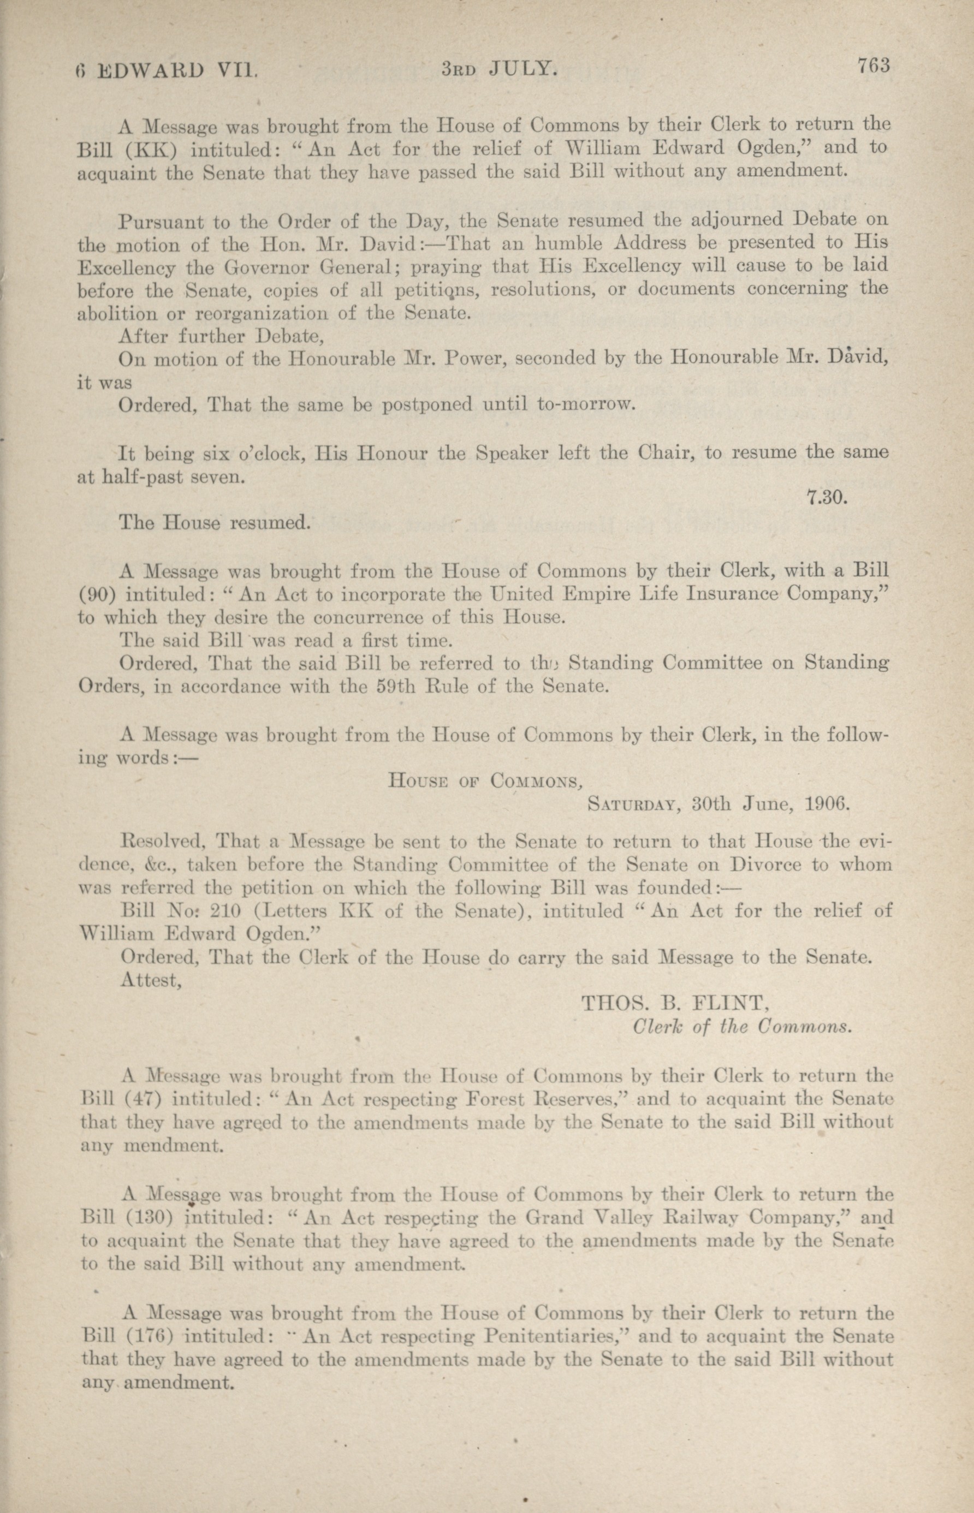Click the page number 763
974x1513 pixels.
tap(874, 65)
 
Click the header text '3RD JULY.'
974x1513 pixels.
tap(499, 68)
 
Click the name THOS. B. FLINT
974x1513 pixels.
tap(674, 1003)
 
